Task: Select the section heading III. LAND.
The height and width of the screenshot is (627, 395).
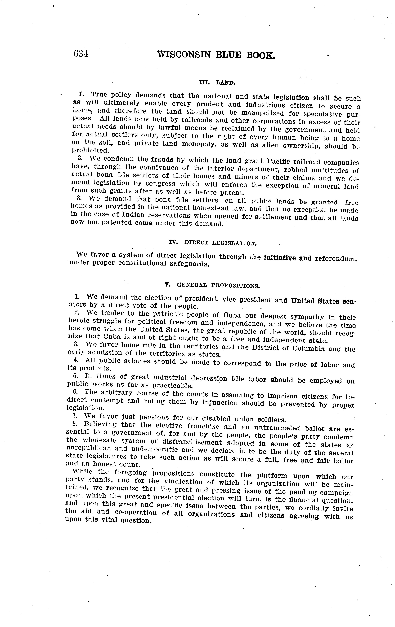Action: [x=217, y=83]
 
